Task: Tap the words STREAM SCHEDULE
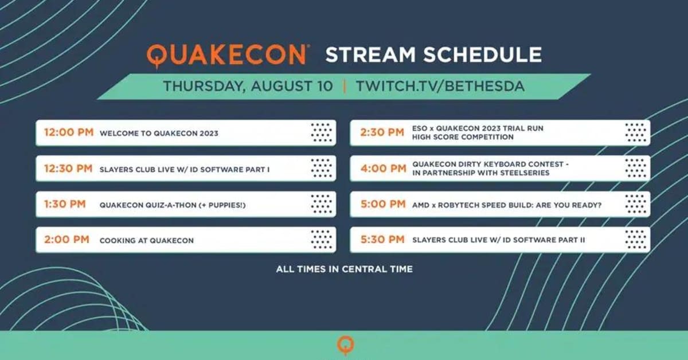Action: pyautogui.click(x=433, y=54)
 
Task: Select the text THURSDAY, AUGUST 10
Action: pyautogui.click(x=248, y=86)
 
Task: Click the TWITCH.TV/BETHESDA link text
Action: pyautogui.click(x=440, y=86)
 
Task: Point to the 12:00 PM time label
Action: pyautogui.click(x=69, y=132)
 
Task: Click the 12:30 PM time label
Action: pyautogui.click(x=68, y=169)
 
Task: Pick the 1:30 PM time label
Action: pyautogui.click(x=65, y=204)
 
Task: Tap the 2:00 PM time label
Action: pyautogui.click(x=67, y=239)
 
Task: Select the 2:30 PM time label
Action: pyautogui.click(x=382, y=132)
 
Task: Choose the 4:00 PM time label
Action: pyautogui.click(x=384, y=169)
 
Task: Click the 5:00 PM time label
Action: pyautogui.click(x=384, y=204)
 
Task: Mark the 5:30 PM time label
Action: pyautogui.click(x=383, y=239)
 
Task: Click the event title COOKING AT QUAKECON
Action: pyautogui.click(x=147, y=241)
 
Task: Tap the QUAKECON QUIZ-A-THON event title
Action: pyautogui.click(x=173, y=205)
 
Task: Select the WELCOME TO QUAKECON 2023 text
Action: pyautogui.click(x=159, y=134)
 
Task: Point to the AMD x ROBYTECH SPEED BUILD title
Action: pyautogui.click(x=507, y=205)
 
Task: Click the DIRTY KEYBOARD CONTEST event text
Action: pyautogui.click(x=491, y=169)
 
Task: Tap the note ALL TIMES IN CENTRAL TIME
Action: pyautogui.click(x=345, y=269)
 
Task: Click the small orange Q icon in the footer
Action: pyautogui.click(x=346, y=345)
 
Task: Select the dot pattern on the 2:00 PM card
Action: pyautogui.click(x=322, y=239)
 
